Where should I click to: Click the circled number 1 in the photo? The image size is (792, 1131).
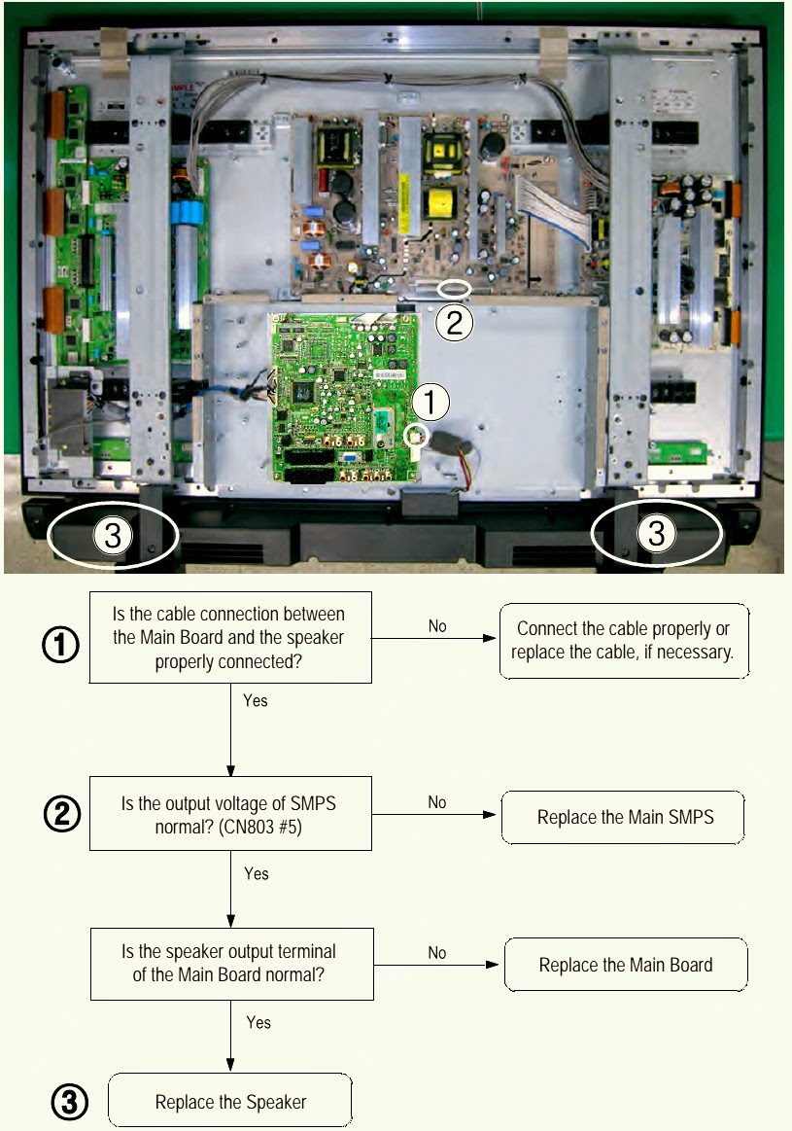(x=430, y=402)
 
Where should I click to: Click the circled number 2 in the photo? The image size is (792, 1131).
(x=454, y=322)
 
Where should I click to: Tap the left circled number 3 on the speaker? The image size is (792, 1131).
(x=113, y=535)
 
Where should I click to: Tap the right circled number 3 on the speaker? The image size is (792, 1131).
(x=656, y=534)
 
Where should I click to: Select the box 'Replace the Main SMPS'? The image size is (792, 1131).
(x=623, y=817)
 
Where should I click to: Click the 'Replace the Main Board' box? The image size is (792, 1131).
(x=626, y=965)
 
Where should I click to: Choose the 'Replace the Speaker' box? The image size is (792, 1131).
(x=230, y=1101)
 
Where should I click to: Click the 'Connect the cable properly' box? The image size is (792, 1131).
(x=624, y=641)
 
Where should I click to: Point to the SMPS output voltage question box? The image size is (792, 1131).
(x=230, y=814)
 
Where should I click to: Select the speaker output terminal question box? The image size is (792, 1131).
(x=231, y=964)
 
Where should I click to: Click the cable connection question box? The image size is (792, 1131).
(x=230, y=638)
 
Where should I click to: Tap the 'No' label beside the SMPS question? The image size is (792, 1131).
(x=436, y=802)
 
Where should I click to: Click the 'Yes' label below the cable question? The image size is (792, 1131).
(x=256, y=700)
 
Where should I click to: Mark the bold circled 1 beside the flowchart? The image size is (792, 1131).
(x=60, y=644)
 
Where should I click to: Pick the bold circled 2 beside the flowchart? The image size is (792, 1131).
(x=62, y=814)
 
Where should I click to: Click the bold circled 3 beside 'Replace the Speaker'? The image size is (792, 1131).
(x=70, y=1102)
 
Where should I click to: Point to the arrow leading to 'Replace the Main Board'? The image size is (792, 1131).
(x=436, y=965)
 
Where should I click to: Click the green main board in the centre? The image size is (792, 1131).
(x=344, y=398)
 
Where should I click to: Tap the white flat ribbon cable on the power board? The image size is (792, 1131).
(x=554, y=209)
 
